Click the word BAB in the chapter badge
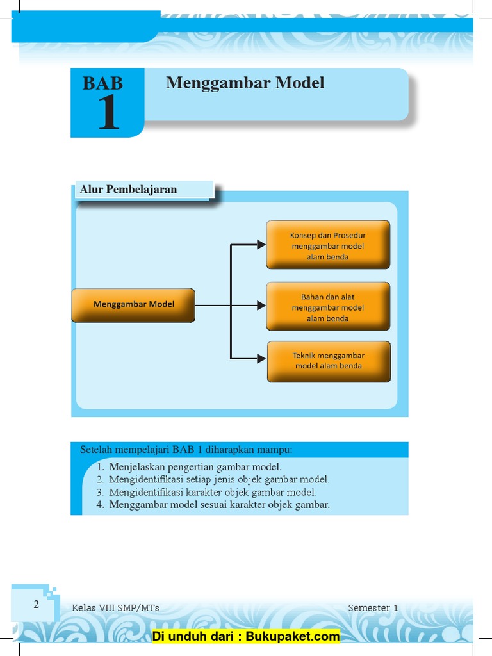tap(102, 83)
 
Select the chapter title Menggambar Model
tap(245, 83)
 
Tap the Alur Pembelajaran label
tap(128, 189)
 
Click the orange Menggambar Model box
tap(133, 305)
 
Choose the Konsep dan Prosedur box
tap(328, 245)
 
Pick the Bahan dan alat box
tap(328, 307)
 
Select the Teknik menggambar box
tap(329, 361)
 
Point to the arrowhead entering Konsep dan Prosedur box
tap(261, 244)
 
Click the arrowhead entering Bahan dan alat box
tap(261, 306)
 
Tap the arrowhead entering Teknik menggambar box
tap(261, 359)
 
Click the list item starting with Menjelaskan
tap(195, 467)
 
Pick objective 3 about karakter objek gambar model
tap(212, 493)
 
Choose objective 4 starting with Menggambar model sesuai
tap(218, 505)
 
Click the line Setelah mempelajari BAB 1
tap(186, 449)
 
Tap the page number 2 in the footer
tap(37, 604)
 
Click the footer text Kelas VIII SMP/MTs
tap(116, 608)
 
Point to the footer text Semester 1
tap(373, 608)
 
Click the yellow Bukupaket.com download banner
tap(246, 636)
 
